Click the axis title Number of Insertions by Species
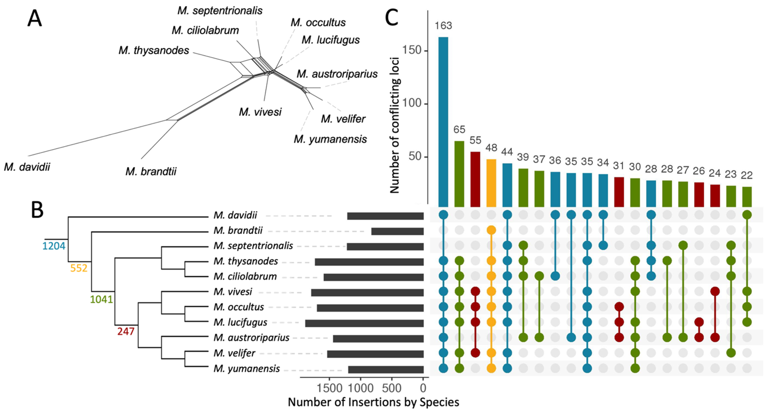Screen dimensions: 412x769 (373, 402)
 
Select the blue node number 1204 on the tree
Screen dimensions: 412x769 (54, 246)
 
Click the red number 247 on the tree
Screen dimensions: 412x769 (126, 331)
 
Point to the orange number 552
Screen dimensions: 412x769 (79, 268)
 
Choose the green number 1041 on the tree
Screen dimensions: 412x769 (101, 299)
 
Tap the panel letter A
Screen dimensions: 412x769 (35, 18)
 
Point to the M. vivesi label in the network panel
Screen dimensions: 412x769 (260, 112)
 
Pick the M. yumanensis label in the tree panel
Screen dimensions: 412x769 (247, 369)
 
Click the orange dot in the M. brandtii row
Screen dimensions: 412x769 (491, 230)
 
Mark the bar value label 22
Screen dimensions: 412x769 (747, 175)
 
